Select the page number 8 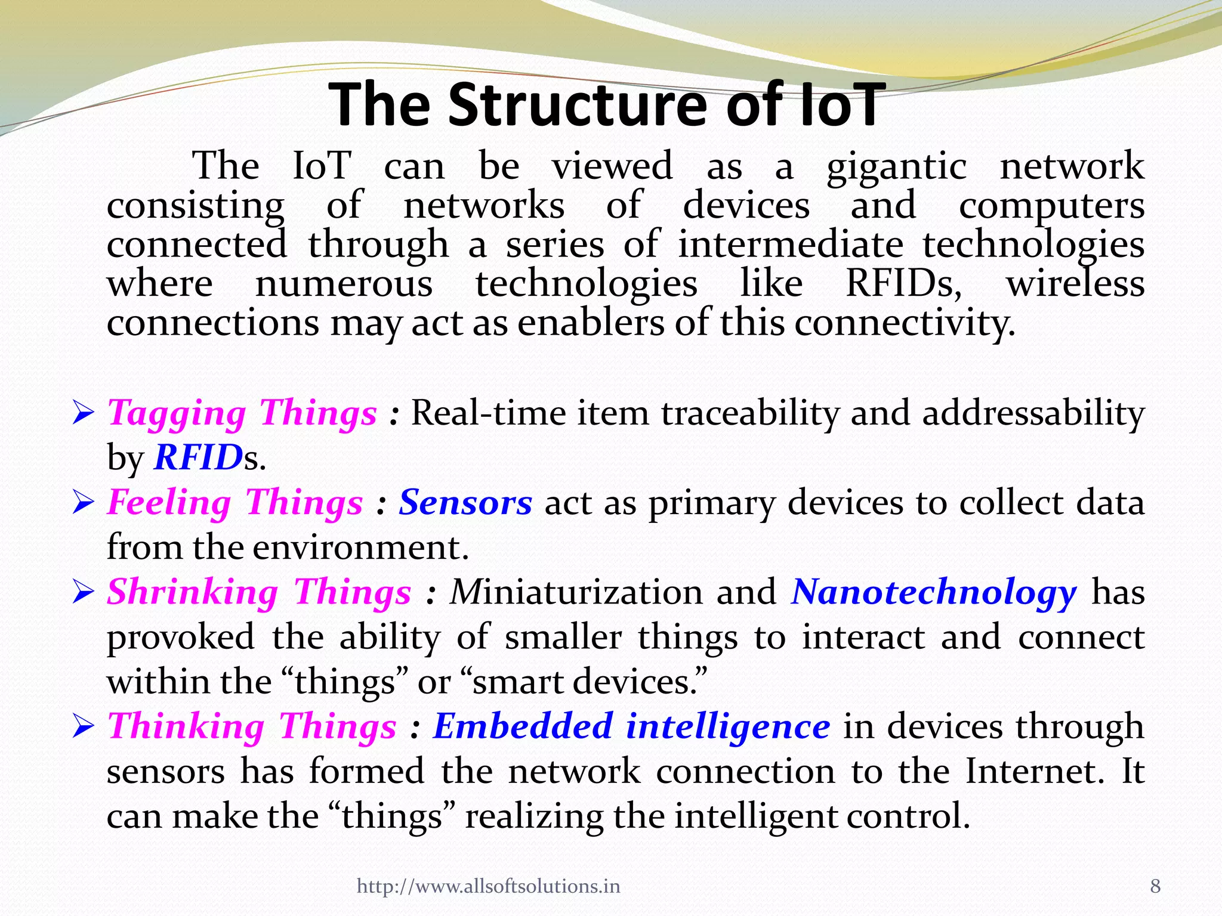point(1155,886)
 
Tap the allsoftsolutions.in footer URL point(488,886)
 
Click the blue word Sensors point(465,502)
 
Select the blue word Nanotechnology point(934,593)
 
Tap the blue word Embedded point(523,726)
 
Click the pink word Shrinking point(192,593)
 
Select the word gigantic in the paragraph point(896,167)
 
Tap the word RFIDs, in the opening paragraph point(904,283)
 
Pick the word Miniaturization point(576,592)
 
